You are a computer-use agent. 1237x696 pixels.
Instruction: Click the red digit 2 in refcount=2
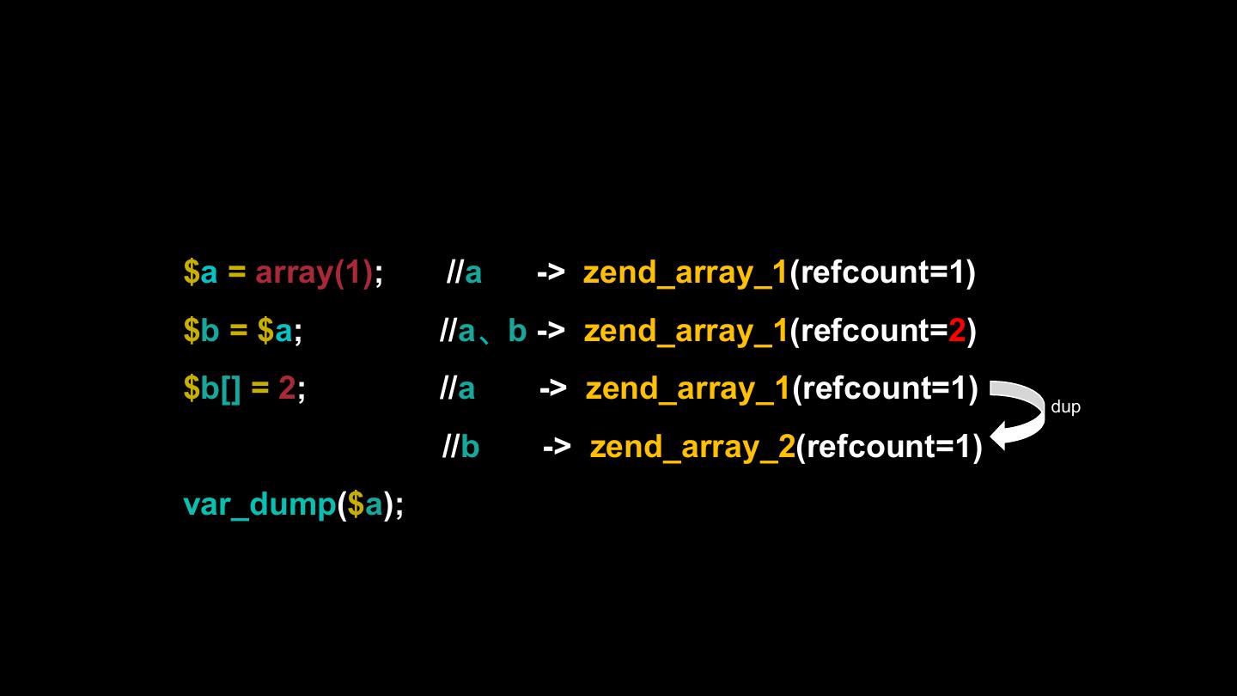957,331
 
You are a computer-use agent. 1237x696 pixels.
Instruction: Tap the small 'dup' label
1065,407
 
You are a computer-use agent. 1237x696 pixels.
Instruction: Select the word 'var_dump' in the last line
259,504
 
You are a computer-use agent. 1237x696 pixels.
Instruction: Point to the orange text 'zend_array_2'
692,447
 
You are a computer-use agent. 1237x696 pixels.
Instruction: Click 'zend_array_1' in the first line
686,272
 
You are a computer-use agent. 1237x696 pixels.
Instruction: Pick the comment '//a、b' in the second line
483,331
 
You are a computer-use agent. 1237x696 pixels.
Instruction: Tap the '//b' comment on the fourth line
460,447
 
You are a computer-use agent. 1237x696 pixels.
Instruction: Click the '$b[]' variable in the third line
212,388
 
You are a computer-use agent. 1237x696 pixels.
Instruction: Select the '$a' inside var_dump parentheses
365,504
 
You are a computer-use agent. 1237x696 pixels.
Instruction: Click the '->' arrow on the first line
551,272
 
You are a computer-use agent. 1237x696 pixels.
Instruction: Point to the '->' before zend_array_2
557,447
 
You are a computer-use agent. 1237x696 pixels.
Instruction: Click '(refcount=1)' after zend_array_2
889,447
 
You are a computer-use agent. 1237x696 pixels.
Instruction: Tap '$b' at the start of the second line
201,331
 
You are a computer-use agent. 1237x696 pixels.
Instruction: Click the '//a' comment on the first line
464,272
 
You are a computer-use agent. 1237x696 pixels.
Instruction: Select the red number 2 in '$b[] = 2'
287,388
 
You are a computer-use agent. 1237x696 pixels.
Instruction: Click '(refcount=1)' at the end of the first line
882,272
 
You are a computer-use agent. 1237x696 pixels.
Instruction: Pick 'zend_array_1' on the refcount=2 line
686,331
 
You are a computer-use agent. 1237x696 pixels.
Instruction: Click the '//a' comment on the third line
457,388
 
